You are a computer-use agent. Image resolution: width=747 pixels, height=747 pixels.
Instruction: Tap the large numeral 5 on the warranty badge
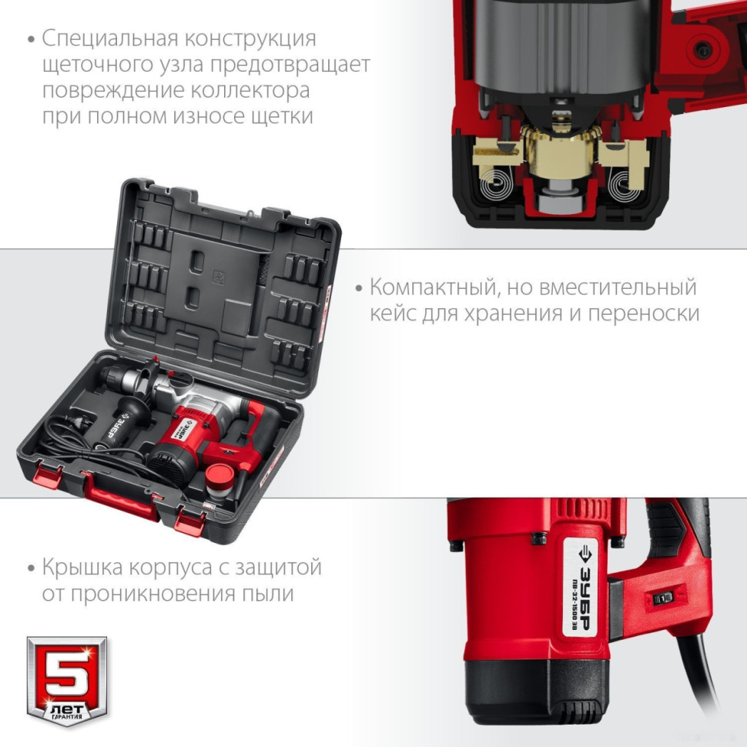(x=68, y=669)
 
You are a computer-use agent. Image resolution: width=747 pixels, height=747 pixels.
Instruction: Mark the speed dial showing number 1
(x=663, y=598)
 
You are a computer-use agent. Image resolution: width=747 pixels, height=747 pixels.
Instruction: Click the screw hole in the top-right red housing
(x=705, y=49)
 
